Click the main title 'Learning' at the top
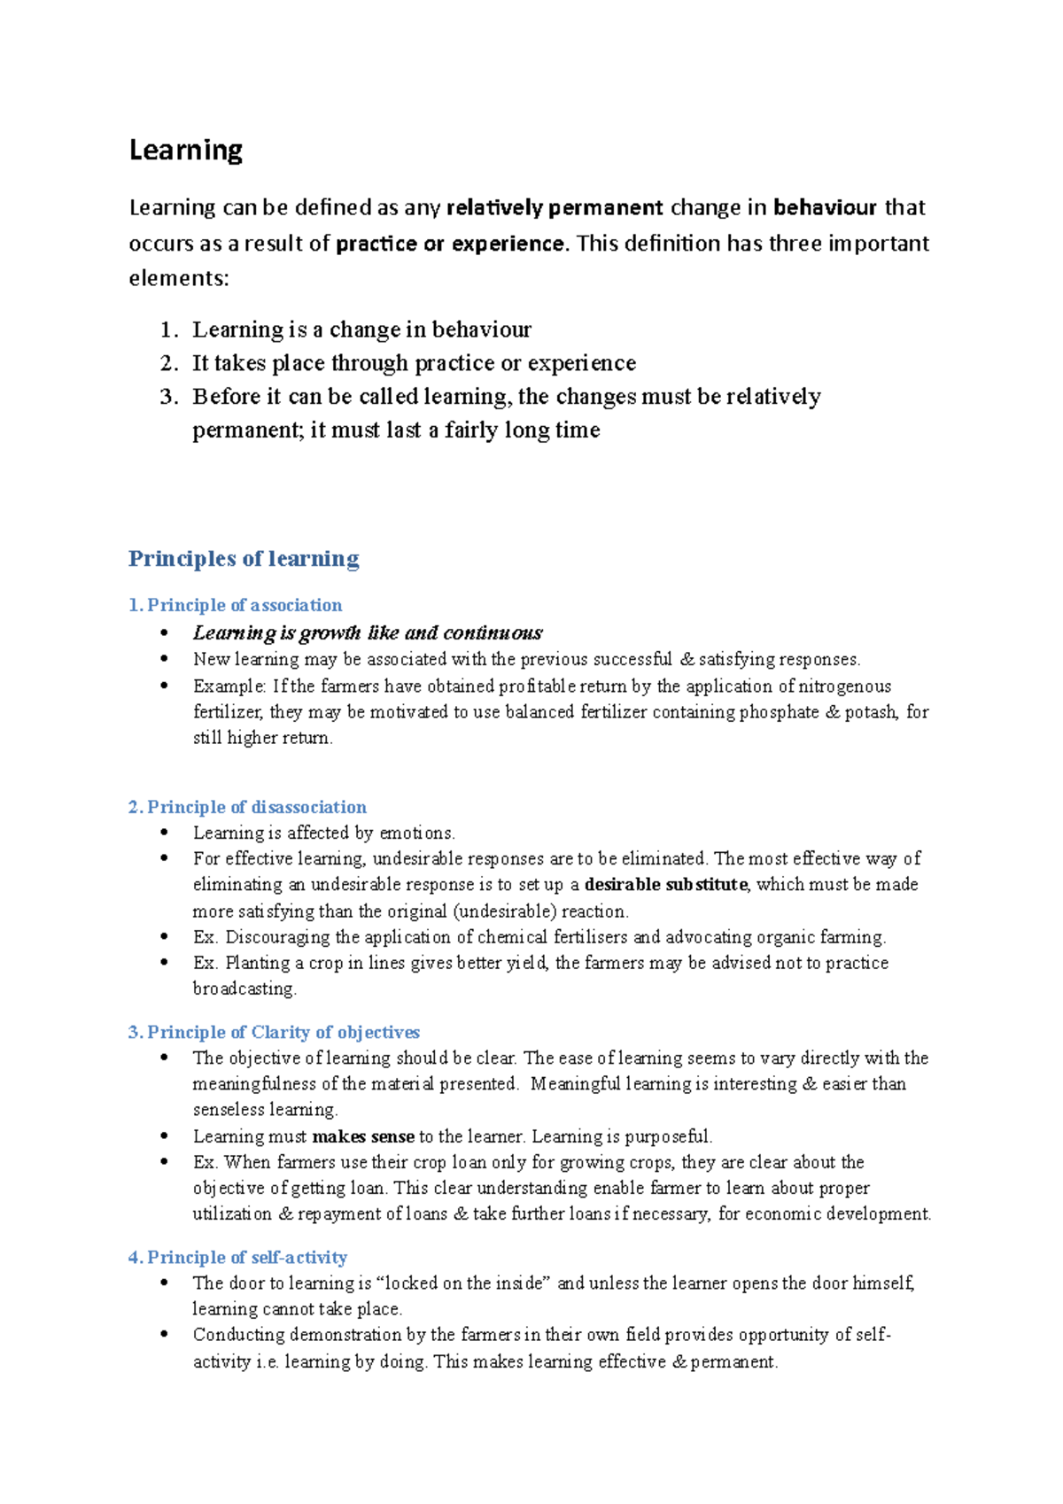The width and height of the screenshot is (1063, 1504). (x=186, y=151)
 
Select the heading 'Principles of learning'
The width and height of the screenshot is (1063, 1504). (x=244, y=559)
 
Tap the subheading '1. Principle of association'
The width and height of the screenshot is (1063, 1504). (x=236, y=605)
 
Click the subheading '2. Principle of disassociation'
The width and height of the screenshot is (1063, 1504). (x=247, y=807)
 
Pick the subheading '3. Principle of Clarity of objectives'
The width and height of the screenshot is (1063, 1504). (x=274, y=1032)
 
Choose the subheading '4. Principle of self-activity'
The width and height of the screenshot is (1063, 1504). (x=237, y=1257)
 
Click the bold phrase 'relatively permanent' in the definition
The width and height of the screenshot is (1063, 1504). (x=555, y=208)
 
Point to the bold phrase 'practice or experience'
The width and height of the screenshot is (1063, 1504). (x=450, y=244)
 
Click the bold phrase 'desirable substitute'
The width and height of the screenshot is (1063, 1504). (x=666, y=885)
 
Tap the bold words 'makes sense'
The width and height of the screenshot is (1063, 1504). (x=363, y=1136)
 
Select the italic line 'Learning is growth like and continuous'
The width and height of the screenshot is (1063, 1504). (x=368, y=632)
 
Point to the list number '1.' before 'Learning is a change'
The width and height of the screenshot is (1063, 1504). (x=169, y=330)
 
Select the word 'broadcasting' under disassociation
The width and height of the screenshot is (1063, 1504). (x=244, y=988)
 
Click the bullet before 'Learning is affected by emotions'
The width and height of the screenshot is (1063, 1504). (x=164, y=833)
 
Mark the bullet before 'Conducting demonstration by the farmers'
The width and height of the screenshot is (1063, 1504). (x=164, y=1335)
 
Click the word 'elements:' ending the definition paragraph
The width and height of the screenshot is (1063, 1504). (x=179, y=279)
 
